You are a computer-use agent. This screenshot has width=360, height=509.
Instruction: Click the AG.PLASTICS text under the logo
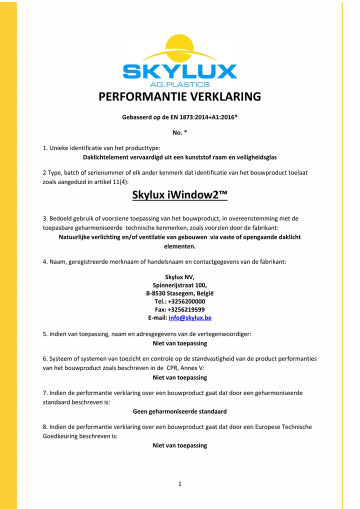(180, 84)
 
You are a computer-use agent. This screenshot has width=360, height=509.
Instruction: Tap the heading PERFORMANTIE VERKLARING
(180, 96)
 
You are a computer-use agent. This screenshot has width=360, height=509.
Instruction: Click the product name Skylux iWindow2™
(180, 195)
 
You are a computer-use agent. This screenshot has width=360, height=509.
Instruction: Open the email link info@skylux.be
(190, 318)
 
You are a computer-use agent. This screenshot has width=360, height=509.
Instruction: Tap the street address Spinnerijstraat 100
(180, 285)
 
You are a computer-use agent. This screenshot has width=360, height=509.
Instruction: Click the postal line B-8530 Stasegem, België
(180, 293)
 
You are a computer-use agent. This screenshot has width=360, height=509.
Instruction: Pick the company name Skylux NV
(180, 277)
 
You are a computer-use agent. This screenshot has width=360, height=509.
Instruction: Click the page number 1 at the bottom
(180, 483)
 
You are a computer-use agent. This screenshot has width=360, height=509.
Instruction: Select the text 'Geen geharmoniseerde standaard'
(180, 411)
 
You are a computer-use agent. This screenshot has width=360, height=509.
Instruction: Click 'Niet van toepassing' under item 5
(180, 343)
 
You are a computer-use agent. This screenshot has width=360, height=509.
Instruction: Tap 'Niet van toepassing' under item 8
(180, 445)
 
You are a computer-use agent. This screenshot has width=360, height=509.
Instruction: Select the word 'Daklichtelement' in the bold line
(107, 157)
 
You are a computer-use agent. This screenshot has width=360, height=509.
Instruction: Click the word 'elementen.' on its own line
(180, 246)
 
